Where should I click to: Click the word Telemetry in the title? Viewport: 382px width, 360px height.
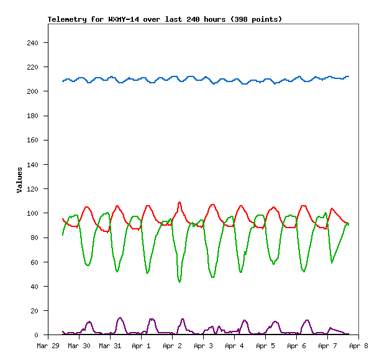(x=68, y=19)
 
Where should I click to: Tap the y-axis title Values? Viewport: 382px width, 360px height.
(x=19, y=179)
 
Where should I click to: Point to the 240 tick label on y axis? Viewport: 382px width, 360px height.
(x=33, y=43)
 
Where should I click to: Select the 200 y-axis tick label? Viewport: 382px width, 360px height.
(x=33, y=91)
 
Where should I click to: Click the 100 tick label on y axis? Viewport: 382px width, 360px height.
(x=33, y=213)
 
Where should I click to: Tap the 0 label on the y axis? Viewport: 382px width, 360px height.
(x=37, y=335)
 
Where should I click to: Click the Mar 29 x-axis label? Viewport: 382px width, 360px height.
(x=48, y=346)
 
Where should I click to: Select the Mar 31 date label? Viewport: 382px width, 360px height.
(x=110, y=346)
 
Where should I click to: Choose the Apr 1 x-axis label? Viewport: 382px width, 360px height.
(x=141, y=346)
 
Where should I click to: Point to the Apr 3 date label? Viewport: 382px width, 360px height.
(x=203, y=346)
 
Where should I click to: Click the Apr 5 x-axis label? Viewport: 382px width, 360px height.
(x=265, y=346)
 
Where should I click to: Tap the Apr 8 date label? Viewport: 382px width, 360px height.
(x=358, y=346)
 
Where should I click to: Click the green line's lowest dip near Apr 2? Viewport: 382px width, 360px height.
(x=180, y=282)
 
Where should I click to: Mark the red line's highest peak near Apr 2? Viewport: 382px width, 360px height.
(x=180, y=202)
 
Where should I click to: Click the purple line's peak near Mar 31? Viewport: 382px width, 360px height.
(x=120, y=318)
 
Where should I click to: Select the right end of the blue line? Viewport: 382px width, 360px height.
(x=348, y=76)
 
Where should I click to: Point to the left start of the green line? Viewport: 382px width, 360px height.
(x=63, y=234)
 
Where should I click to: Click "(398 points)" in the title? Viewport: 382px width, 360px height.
(x=256, y=19)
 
